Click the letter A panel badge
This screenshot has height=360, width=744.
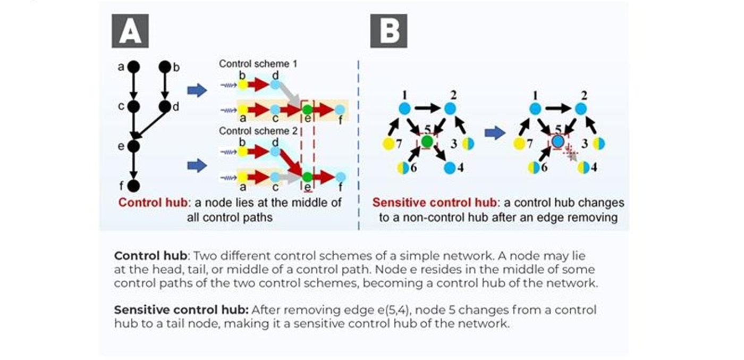click(129, 31)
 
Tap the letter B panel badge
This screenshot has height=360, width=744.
click(388, 31)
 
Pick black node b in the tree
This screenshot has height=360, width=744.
click(165, 66)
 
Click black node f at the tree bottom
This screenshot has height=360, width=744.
click(133, 186)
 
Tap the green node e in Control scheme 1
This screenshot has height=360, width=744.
click(307, 110)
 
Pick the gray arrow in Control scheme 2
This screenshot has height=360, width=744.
click(288, 177)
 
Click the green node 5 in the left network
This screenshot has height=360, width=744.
click(426, 141)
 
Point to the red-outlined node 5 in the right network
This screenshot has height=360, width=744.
click(557, 142)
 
